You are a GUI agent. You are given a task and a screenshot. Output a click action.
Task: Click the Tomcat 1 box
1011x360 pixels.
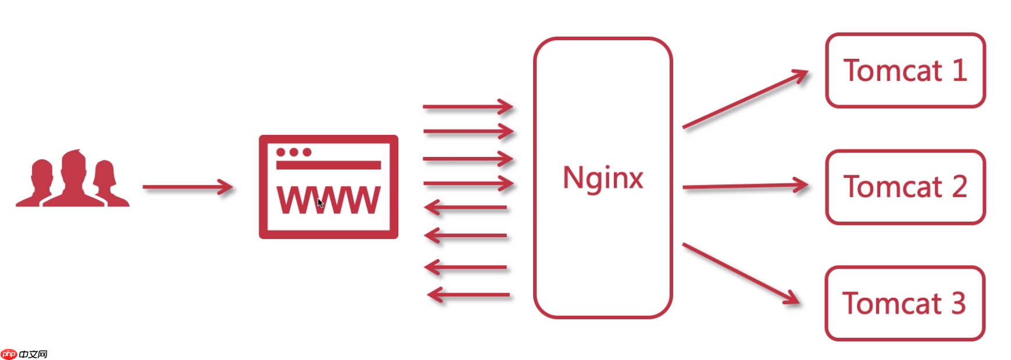(905, 70)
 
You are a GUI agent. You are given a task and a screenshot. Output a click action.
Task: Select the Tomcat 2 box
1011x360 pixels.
(905, 187)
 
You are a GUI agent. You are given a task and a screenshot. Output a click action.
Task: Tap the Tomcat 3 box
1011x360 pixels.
(904, 303)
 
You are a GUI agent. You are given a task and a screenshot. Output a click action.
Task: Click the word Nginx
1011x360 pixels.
(603, 177)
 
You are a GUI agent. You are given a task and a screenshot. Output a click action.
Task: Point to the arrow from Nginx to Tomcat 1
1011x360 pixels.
(745, 99)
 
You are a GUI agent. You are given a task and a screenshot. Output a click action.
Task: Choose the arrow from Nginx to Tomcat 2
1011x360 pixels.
(745, 186)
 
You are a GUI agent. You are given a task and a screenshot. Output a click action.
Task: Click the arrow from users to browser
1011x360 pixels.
(187, 187)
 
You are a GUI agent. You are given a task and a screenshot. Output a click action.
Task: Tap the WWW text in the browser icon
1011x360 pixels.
(328, 200)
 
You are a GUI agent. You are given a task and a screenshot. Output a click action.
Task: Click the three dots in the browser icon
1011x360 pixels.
(294, 152)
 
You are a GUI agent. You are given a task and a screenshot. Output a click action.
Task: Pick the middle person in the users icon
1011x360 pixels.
(74, 179)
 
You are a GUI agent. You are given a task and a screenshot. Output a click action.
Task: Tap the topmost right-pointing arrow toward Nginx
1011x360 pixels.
(467, 106)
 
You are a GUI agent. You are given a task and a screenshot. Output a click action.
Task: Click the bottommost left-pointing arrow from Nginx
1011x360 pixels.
(469, 295)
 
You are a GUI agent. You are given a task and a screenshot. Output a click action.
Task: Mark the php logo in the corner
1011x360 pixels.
(9, 354)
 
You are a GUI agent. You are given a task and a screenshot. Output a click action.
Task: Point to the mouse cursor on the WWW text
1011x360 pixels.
(320, 203)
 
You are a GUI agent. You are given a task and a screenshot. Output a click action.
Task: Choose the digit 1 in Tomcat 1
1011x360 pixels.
(959, 70)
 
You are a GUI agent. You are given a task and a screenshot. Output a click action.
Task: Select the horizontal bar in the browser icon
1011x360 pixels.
(328, 165)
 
